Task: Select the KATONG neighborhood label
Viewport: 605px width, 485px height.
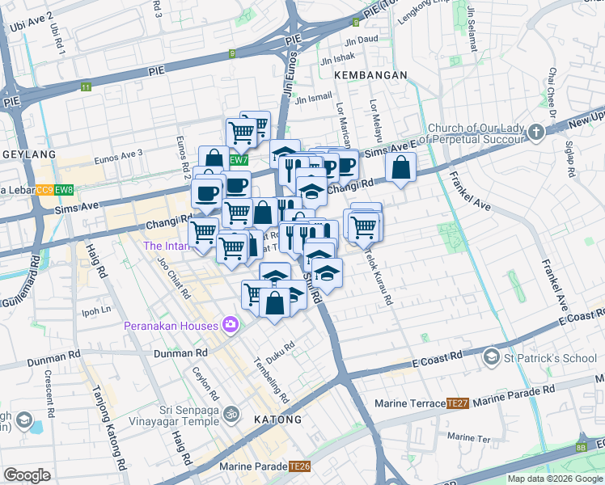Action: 277,420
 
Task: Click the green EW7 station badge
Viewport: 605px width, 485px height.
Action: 238,160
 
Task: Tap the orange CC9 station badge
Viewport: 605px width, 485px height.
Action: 44,191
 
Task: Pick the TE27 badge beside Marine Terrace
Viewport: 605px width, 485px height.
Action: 458,403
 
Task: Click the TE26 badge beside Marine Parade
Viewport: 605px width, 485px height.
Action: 301,466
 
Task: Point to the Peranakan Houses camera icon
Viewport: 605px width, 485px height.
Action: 231,325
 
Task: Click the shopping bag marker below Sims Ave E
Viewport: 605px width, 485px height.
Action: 401,168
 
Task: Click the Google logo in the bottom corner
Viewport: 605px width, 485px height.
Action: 27,475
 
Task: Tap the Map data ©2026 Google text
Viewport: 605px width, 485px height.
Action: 555,479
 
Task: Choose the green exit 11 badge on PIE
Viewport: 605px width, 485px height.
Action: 86,86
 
